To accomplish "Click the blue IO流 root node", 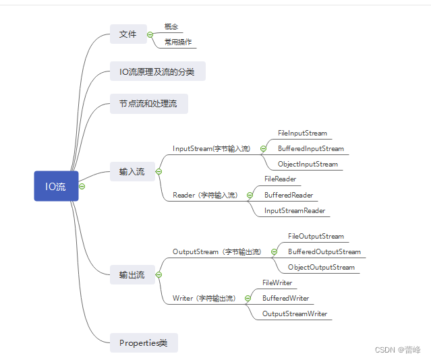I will pyautogui.click(x=56, y=186).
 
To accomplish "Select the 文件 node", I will pyautogui.click(x=127, y=34).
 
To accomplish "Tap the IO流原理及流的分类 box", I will pyautogui.click(x=157, y=71).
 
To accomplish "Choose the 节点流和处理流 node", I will pyautogui.click(x=148, y=104).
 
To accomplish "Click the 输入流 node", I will pyautogui.click(x=132, y=172).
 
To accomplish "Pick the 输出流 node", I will pyautogui.click(x=132, y=274).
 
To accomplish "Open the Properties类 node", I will pyautogui.click(x=143, y=342).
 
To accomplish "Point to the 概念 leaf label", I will pyautogui.click(x=171, y=27).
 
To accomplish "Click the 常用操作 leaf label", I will pyautogui.click(x=178, y=42).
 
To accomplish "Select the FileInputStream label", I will pyautogui.click(x=302, y=133).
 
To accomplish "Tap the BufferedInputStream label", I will pyautogui.click(x=311, y=149).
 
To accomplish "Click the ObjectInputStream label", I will pyautogui.click(x=308, y=164).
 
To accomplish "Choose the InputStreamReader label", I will pyautogui.click(x=295, y=211).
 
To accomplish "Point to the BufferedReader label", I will pyautogui.click(x=289, y=195).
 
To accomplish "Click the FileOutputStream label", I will pyautogui.click(x=316, y=237).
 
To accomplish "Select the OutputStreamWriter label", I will pyautogui.click(x=295, y=313).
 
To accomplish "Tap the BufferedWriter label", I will pyautogui.click(x=285, y=298).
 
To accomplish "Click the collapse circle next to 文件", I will pyautogui.click(x=150, y=34).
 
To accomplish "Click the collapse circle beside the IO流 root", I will pyautogui.click(x=82, y=186).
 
